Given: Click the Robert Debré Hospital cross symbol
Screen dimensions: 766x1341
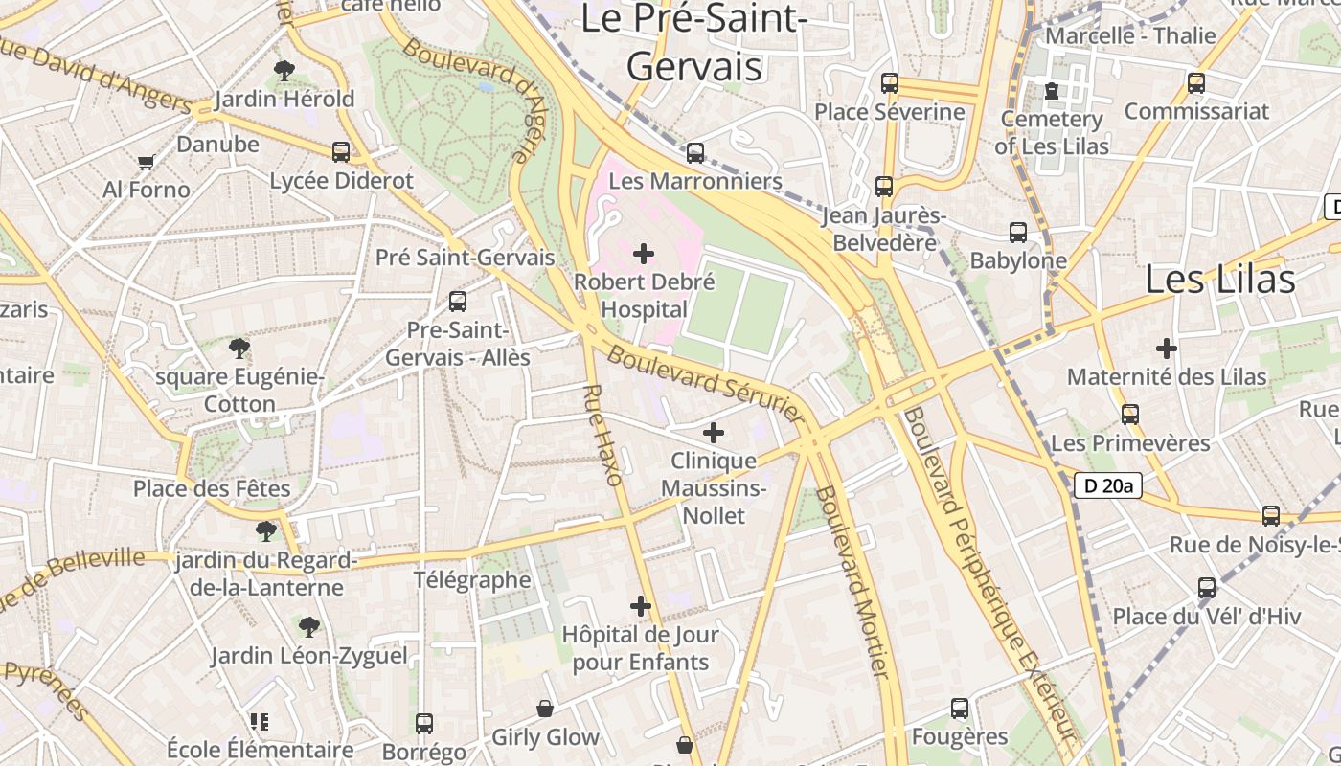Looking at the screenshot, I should pos(644,254).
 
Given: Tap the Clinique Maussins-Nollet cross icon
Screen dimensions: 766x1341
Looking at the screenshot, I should pos(714,433).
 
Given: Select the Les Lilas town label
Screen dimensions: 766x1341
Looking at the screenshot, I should pos(1220,279).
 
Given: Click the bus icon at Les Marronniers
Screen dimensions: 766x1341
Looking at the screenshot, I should pos(695,152).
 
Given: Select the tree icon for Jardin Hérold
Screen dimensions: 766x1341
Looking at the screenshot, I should pos(284,70).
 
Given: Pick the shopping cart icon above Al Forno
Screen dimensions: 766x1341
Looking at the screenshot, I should pos(146,162).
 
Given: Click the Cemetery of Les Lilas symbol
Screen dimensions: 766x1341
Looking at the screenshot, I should pos(1052,91).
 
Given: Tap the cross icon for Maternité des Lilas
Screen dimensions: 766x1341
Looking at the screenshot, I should pos(1166,349).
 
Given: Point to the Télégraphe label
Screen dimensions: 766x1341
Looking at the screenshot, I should pos(471,579).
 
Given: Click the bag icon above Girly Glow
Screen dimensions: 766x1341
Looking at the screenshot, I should pos(545,709).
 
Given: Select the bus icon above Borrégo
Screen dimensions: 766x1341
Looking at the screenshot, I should pos(424,723).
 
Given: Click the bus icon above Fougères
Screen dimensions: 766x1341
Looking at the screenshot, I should pos(960,709).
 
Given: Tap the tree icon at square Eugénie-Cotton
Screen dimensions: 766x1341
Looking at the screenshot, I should pos(239,349).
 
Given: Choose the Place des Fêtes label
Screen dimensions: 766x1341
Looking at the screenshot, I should pos(212,488).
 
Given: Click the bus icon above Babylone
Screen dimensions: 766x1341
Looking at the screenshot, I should pos(1017,232).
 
